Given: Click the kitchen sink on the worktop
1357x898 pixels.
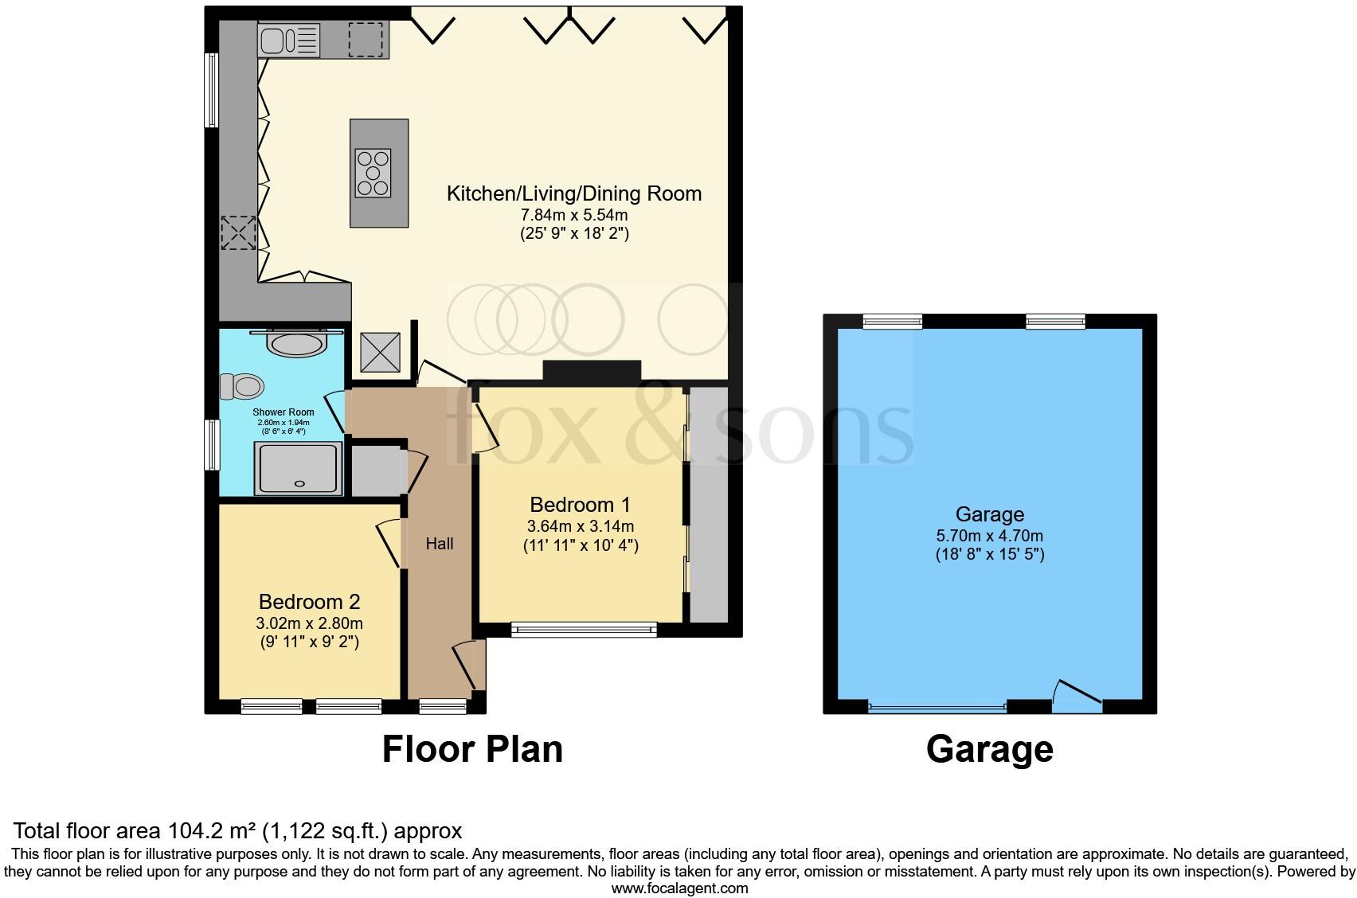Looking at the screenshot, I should pos(287,40).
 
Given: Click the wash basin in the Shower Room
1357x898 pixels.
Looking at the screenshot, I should pos(296,345).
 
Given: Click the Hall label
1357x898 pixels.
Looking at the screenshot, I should pos(440,544).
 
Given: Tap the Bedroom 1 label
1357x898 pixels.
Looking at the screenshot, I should pos(580,505).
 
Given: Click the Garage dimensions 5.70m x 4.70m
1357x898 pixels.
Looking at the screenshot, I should pos(989,536).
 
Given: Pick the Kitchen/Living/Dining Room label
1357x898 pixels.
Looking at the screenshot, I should pos(573,193).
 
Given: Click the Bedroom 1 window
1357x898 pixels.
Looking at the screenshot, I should pos(584,630).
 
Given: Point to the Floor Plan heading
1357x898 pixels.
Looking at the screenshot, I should pos(472,749).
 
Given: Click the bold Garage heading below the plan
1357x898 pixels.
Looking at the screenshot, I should pos(989,749).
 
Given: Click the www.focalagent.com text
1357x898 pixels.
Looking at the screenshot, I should pos(679,888).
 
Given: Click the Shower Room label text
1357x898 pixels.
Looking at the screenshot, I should pos(284,412).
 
